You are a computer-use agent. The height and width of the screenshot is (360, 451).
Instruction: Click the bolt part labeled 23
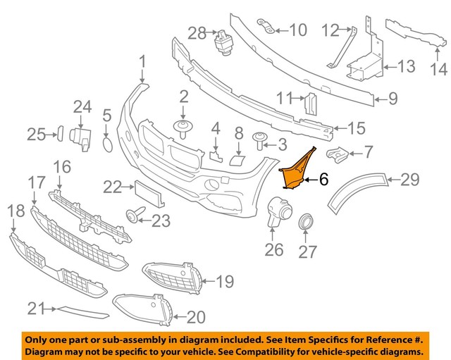(x=134, y=216)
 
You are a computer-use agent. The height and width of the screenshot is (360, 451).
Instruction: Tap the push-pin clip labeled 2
(x=183, y=129)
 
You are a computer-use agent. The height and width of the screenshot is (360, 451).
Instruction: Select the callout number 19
(x=223, y=283)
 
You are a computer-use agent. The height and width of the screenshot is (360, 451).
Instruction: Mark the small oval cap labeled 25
(x=60, y=133)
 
